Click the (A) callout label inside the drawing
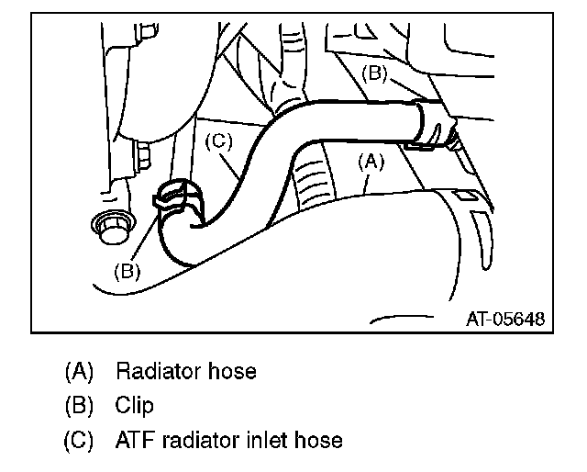(x=369, y=161)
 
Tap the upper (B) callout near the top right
(x=377, y=73)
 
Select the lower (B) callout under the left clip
(x=127, y=270)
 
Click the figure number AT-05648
(x=504, y=320)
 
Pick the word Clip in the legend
(x=135, y=405)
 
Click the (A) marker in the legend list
(x=79, y=371)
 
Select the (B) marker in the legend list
(x=79, y=405)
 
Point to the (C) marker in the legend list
(x=79, y=440)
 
